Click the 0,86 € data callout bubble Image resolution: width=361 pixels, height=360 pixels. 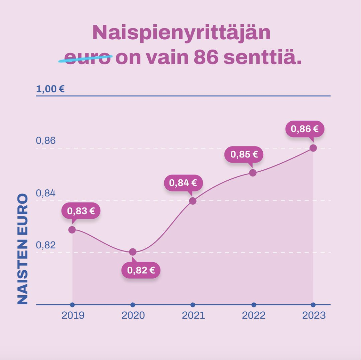305,129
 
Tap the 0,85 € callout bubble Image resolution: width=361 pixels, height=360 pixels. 244,155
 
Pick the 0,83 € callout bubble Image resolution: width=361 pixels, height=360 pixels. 81,211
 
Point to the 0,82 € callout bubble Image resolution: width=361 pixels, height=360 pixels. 141,270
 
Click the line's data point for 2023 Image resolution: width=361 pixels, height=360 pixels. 313,148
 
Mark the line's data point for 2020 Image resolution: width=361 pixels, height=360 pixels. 132,252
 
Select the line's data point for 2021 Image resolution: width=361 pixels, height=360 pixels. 193,201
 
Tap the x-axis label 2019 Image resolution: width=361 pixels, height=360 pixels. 73,315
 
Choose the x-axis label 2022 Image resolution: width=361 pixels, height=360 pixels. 254,315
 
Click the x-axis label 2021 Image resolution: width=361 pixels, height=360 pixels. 193,315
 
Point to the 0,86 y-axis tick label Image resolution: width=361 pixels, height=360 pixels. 46,141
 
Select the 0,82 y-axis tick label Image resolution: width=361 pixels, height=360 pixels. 46,245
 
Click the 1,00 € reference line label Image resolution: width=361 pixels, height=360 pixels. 50,89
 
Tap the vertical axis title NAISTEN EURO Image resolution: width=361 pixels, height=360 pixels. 23,249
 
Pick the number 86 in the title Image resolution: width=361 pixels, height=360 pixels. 206,58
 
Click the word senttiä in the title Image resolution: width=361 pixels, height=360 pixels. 262,58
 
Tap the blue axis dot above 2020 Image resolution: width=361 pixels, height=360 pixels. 132,305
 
